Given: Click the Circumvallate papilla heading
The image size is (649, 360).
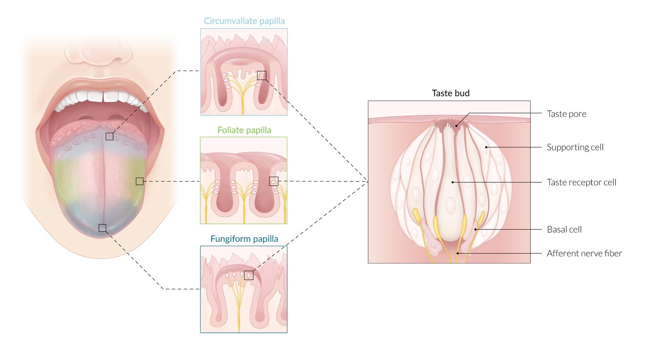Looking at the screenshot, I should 244,21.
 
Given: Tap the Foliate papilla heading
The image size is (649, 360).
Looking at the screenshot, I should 244,130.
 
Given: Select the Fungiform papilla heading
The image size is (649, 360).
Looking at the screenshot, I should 244,239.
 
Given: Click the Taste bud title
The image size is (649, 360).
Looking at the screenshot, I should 451,93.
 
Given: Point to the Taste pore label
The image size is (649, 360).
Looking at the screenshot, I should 566,114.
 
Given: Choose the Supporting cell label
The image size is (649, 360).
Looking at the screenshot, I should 575,147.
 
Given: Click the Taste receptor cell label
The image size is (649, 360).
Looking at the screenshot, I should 581,183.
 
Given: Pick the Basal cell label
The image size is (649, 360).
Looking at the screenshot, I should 564,230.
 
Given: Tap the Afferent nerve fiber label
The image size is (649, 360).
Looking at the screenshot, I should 584,254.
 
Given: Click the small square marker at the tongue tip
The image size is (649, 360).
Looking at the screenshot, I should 103,228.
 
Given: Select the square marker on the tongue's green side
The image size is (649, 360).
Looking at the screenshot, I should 140,181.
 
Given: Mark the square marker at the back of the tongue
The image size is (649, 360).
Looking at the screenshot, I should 110,136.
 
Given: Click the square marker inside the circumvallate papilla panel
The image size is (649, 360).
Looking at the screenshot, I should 262,75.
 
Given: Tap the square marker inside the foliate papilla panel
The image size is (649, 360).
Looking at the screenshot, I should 274,181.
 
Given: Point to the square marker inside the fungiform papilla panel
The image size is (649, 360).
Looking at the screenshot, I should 249,275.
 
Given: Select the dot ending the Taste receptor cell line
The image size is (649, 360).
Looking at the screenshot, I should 453,182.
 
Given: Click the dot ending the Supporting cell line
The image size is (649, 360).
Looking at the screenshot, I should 486,147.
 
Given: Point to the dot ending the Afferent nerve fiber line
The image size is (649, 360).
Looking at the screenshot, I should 458,253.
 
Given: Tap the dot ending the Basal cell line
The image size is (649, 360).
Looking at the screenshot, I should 476,229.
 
